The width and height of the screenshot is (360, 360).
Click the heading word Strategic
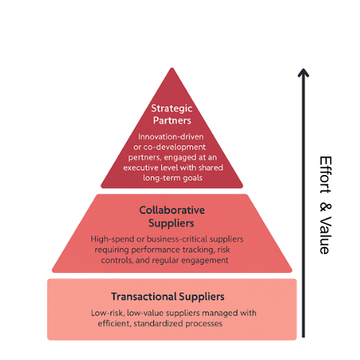point(172,109)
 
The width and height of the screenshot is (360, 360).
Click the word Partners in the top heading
point(172,120)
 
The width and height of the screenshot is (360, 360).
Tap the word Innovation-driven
point(171,137)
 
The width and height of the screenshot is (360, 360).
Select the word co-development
point(174,148)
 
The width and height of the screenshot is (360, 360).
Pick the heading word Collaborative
point(172,210)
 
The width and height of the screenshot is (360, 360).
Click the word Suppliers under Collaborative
point(171,223)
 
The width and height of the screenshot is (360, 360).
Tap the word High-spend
point(112,239)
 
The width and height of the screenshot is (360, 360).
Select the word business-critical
point(177,239)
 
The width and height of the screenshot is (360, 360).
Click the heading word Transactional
point(144,297)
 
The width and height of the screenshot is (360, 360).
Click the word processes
point(204,324)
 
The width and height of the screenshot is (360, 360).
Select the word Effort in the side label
point(325,175)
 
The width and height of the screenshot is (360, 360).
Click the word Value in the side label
point(325,235)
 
